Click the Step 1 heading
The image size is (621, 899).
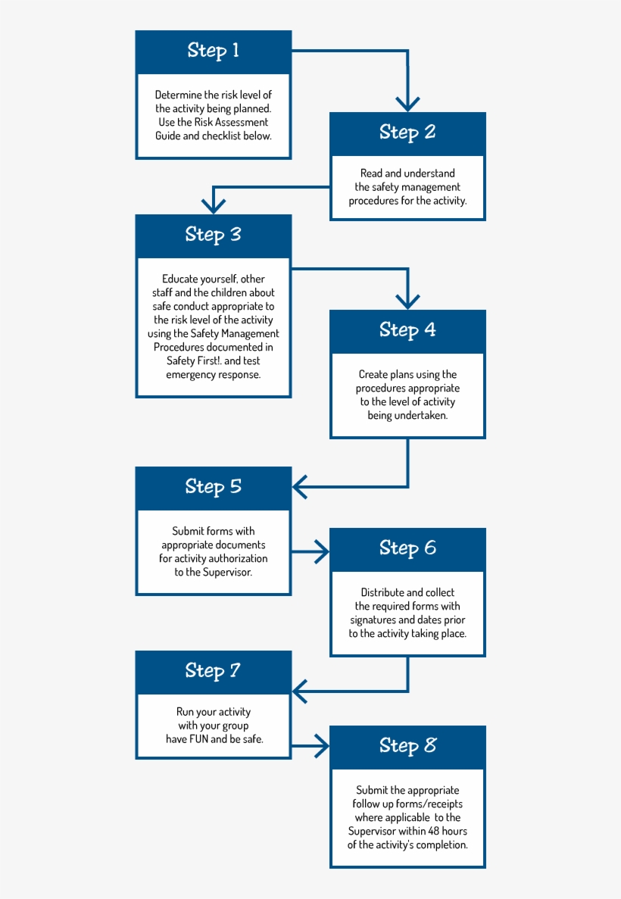214,51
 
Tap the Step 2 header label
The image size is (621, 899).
407,133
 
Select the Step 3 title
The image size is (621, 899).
214,235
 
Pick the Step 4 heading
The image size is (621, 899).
407,330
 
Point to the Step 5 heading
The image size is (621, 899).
214,487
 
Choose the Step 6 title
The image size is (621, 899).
407,548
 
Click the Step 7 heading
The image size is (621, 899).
214,671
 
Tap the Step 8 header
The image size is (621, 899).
407,746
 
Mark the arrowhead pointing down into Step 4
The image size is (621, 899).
407,301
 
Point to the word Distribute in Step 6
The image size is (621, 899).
382,592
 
